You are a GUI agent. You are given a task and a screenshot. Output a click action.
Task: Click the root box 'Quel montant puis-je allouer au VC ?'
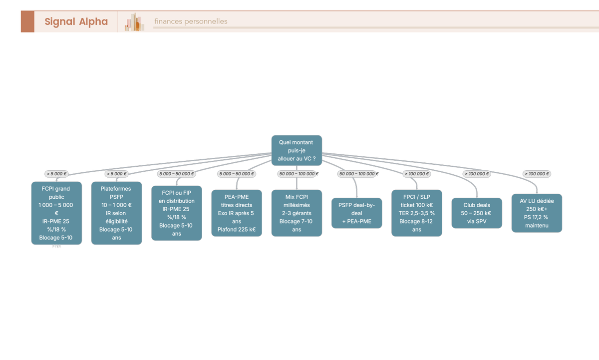[297, 150]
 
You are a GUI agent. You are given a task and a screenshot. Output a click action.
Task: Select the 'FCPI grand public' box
[56, 213]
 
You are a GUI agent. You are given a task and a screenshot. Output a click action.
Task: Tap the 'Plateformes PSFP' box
[117, 213]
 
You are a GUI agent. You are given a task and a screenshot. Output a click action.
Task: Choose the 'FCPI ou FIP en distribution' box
[177, 213]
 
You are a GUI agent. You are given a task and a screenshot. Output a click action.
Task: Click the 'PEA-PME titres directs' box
[237, 213]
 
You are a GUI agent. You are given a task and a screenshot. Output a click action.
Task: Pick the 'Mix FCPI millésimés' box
[297, 213]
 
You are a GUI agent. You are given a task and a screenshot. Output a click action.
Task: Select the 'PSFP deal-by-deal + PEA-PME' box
[357, 213]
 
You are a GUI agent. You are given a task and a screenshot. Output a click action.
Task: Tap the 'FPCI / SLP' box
[417, 213]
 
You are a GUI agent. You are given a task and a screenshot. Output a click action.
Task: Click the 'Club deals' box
[477, 213]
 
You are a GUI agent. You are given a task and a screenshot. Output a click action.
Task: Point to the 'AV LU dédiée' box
[537, 213]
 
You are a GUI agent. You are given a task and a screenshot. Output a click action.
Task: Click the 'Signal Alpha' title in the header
[76, 21]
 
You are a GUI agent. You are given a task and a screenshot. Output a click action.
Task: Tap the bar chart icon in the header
[134, 21]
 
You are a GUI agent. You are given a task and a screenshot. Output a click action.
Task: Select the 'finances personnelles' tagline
[191, 21]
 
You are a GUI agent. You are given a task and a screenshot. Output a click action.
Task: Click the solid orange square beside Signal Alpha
[27, 21]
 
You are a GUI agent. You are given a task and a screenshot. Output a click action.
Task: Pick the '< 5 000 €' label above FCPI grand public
[56, 174]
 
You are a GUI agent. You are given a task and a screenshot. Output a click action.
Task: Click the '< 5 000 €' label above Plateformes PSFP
[117, 174]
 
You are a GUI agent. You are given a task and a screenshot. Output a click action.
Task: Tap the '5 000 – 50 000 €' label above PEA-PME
[237, 174]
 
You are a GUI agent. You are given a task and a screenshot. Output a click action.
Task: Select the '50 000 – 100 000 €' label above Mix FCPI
[299, 174]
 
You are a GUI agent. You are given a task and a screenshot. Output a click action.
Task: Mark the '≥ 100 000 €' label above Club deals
[477, 174]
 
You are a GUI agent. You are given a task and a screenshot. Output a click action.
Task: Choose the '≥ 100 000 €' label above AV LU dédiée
[537, 174]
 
